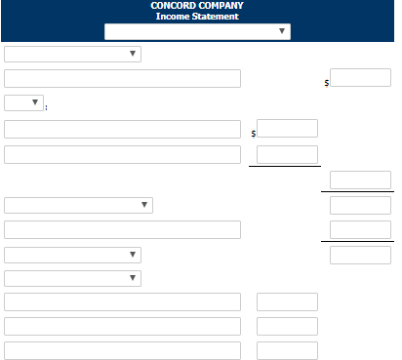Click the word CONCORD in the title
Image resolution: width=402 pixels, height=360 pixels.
pos(173,6)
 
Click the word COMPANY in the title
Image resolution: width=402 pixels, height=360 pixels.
pos(221,6)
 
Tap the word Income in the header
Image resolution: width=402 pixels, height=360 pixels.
pos(173,17)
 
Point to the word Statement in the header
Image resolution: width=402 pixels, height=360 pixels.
pos(216,17)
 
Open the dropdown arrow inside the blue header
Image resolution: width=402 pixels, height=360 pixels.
pos(282,31)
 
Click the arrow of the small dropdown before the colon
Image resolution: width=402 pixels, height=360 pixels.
pos(35,102)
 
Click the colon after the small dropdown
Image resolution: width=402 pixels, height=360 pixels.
pos(46,107)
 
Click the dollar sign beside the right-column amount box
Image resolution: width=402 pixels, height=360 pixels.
pos(327,83)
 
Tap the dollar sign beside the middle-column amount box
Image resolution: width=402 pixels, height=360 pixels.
pos(254,134)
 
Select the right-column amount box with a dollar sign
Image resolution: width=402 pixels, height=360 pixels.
pos(360,77)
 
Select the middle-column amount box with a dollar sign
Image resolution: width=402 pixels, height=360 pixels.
pos(287,128)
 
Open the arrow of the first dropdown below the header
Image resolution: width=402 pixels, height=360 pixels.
pos(133,54)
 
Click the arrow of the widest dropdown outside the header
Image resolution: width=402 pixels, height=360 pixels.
pos(144,205)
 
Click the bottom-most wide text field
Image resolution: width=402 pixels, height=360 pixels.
pos(122,350)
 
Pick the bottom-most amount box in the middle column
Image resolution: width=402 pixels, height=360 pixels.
pos(287,350)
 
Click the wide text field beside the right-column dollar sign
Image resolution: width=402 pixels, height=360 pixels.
pos(122,78)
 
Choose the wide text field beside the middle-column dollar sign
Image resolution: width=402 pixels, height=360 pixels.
pos(122,129)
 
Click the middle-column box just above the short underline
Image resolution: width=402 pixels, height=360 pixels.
pos(287,154)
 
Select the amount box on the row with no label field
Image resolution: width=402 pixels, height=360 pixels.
pos(360,180)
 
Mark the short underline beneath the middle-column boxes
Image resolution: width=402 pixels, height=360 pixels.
pos(285,166)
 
